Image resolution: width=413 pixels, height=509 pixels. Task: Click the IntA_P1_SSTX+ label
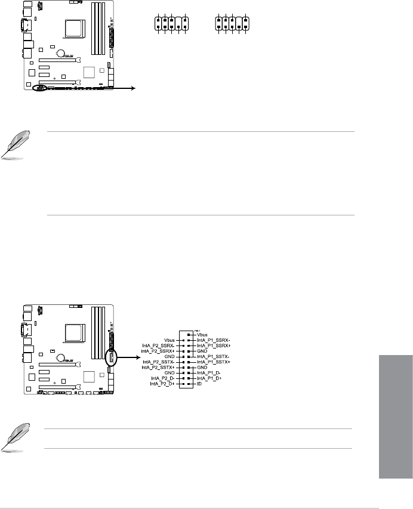pyautogui.click(x=212, y=361)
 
